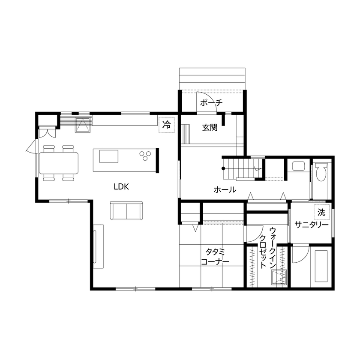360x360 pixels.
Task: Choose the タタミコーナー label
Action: (x=215, y=257)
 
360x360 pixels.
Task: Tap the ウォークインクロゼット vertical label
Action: (x=267, y=247)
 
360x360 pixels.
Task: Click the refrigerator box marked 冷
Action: (x=166, y=125)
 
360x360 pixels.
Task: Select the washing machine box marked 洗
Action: (x=321, y=211)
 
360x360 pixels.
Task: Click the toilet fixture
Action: (x=321, y=175)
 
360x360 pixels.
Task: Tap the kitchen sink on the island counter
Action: (x=109, y=156)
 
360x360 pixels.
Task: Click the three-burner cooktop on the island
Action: (x=144, y=156)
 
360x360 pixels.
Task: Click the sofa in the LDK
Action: (x=126, y=210)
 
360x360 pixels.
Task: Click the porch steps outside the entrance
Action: (x=212, y=78)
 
